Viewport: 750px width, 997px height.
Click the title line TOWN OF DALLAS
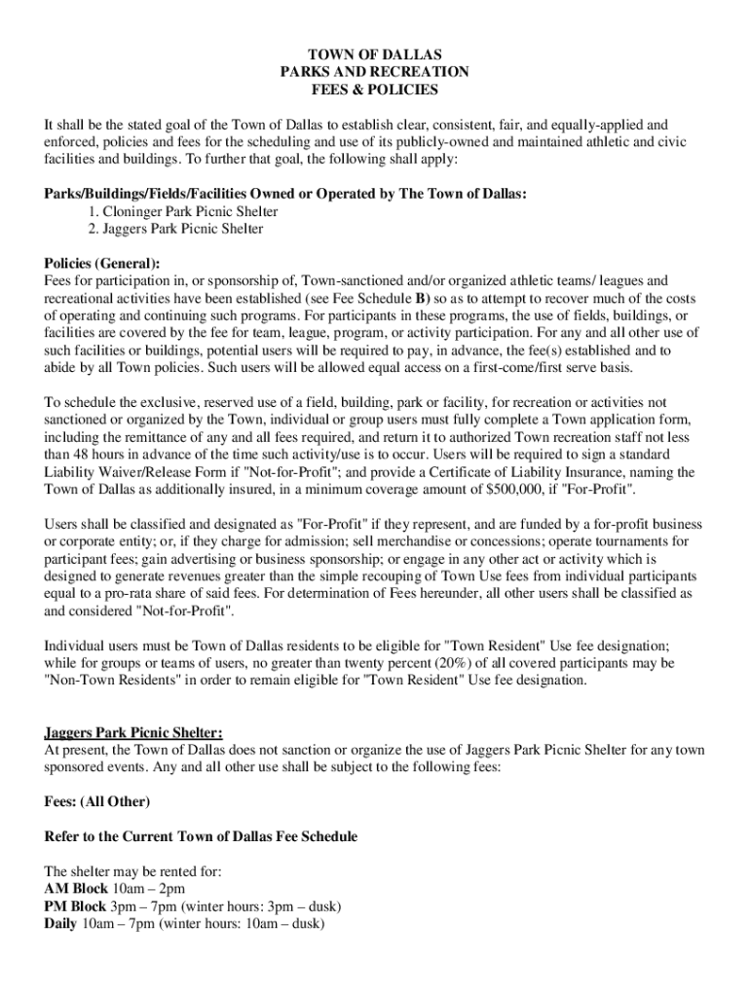374,55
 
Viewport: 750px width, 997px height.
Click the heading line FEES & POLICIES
374,90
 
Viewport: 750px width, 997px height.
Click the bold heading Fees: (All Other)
97,801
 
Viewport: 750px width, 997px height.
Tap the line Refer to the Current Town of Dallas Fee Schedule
201,836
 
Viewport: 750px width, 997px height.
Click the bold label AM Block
76,889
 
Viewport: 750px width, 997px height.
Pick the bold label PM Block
76,906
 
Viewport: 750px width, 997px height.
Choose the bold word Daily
61,924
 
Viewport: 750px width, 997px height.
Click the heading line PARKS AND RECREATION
374,72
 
